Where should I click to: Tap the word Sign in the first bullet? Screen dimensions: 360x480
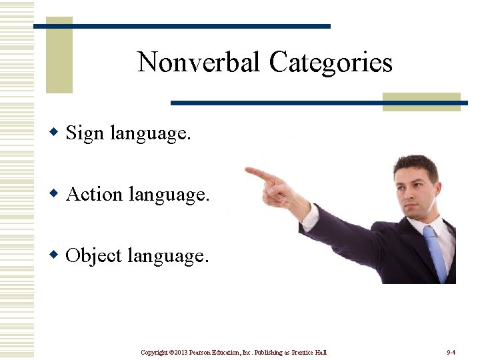click(85, 133)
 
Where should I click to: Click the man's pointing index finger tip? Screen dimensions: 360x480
click(249, 171)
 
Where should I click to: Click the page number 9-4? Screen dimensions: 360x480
click(451, 352)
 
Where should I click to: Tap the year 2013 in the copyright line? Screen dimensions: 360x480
click(181, 352)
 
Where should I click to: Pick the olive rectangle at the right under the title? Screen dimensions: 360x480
click(421, 102)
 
